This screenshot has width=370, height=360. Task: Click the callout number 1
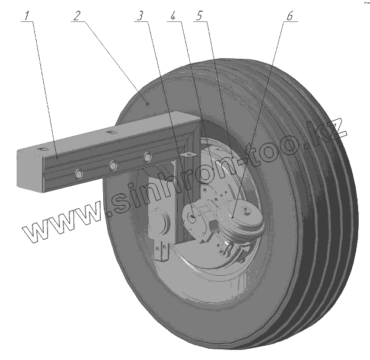27,16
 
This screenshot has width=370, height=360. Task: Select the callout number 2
76,16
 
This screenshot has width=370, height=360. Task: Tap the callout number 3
141,16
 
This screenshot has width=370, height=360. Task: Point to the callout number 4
173,16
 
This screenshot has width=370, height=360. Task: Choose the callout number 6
289,16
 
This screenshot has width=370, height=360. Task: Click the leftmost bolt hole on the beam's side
78,173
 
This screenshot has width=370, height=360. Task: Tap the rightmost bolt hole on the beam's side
147,157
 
